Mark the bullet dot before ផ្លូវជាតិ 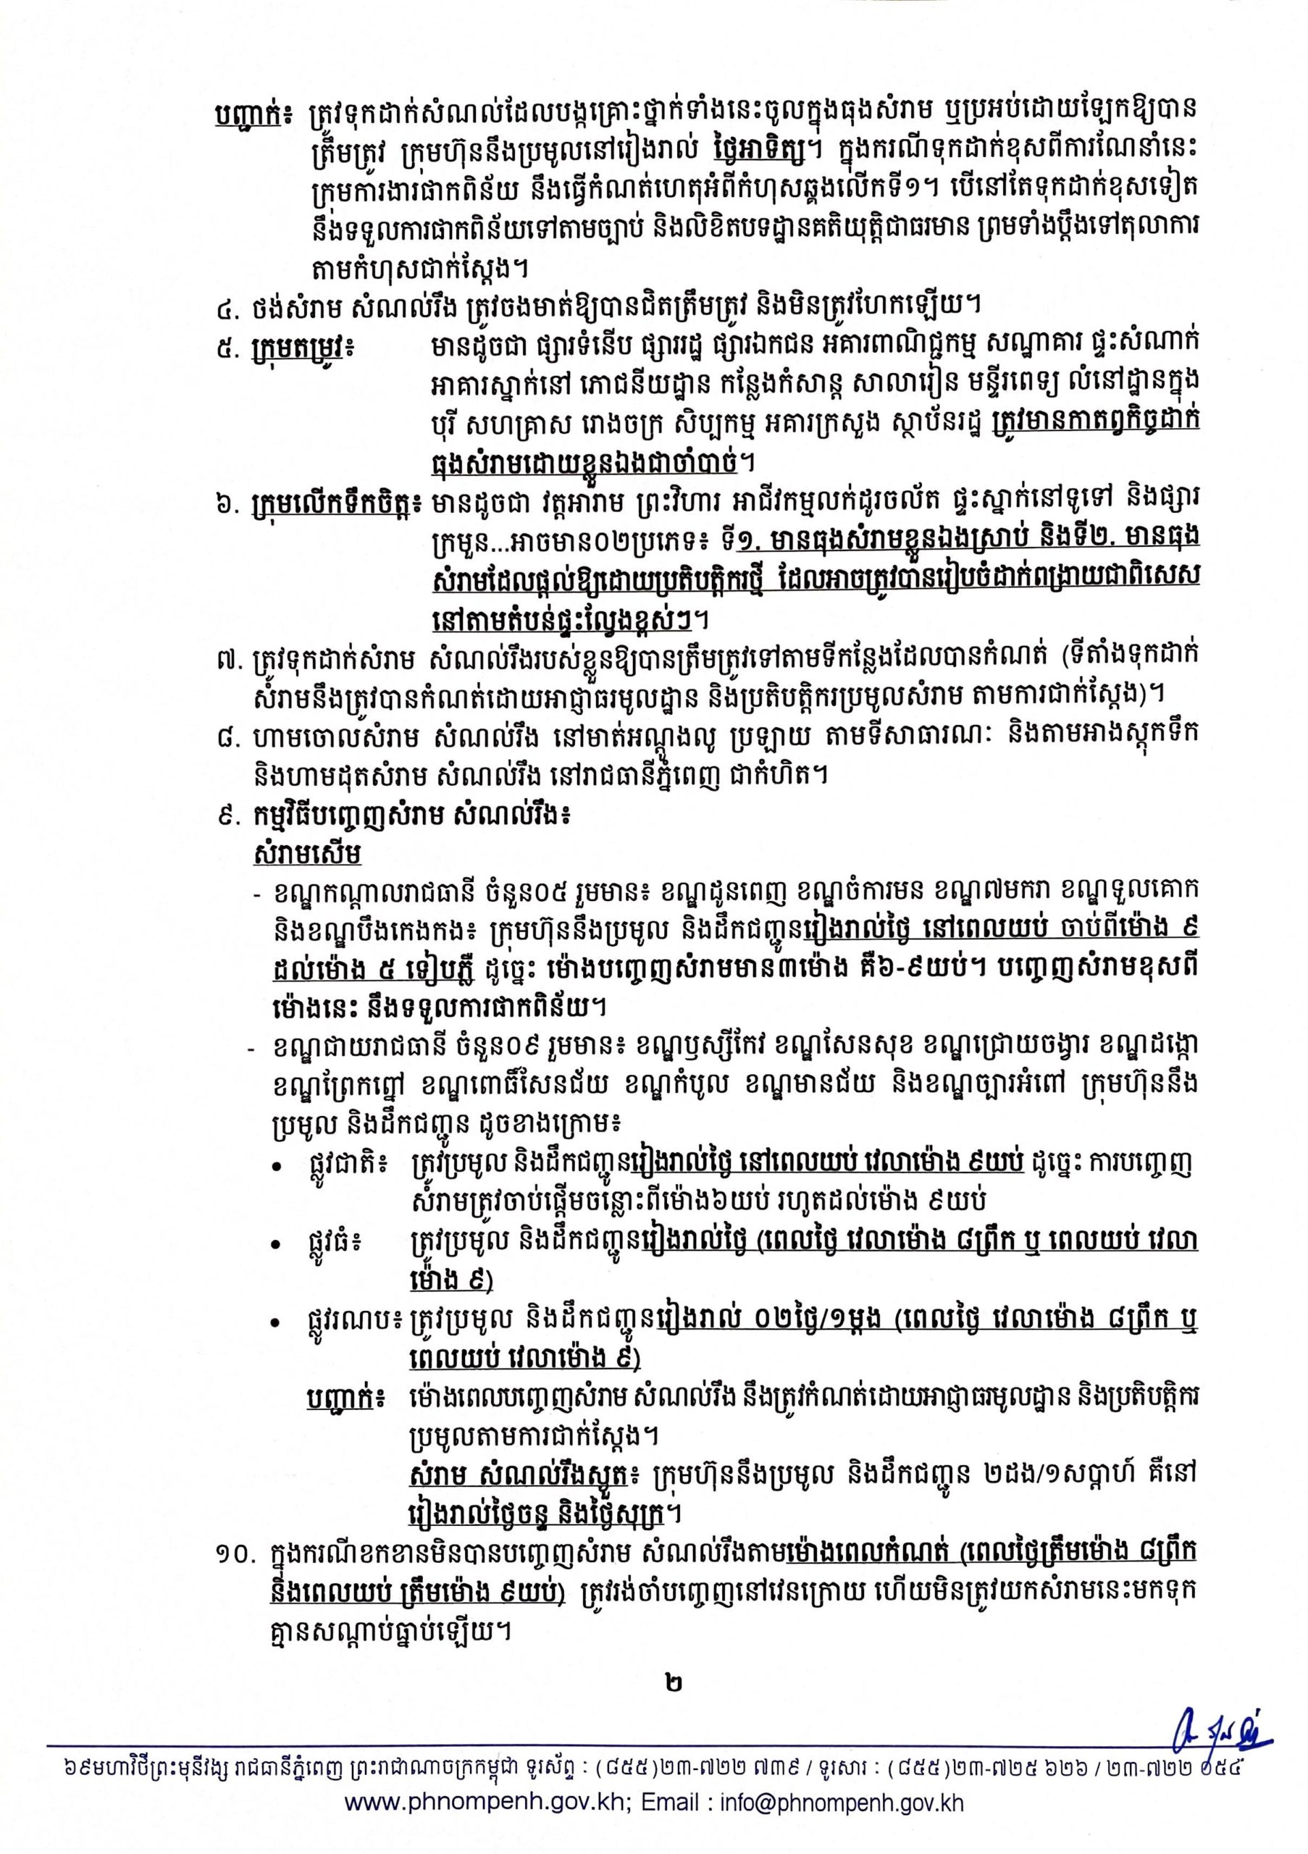[277, 1168]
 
